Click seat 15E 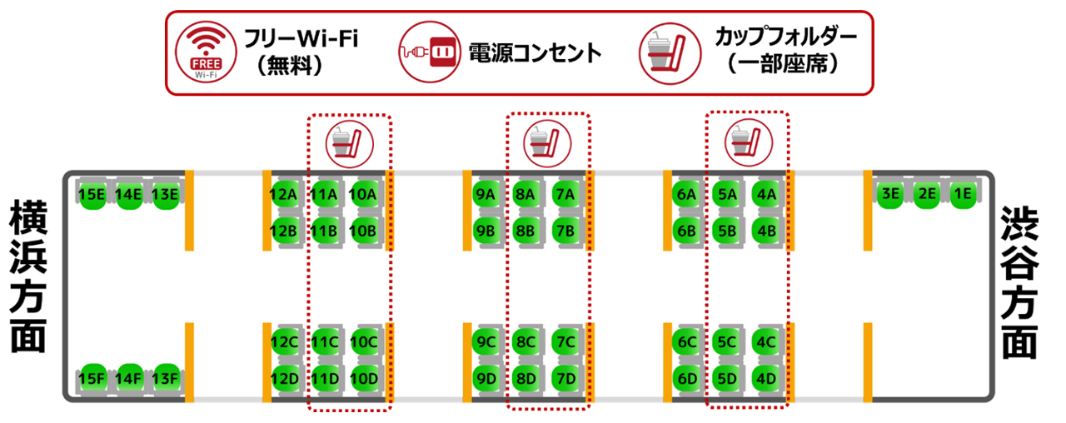91,194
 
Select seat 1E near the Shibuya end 963,194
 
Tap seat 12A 284,194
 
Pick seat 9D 485,379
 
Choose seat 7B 565,229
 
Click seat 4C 765,341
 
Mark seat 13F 166,379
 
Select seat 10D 364,379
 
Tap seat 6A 685,194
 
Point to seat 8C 525,341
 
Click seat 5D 725,379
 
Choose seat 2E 926,194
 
